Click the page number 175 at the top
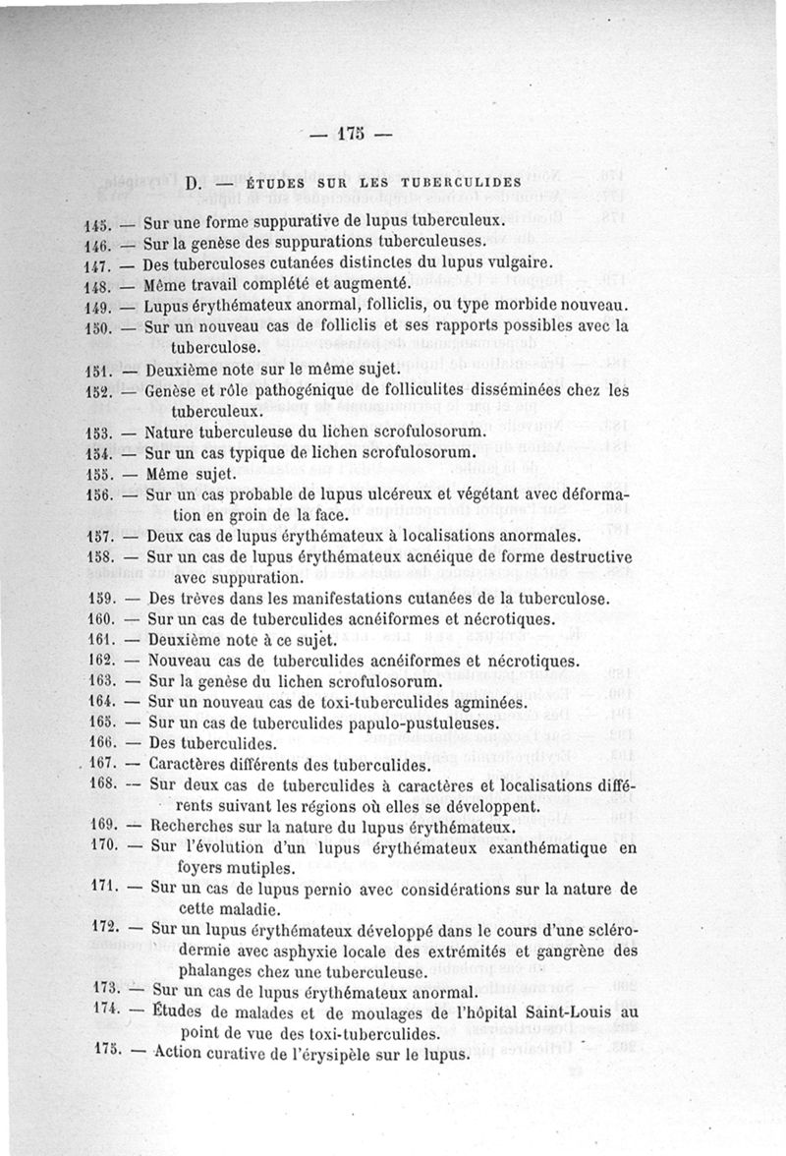click(351, 135)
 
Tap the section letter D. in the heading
click(193, 183)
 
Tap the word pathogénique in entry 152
click(304, 389)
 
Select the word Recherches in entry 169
click(194, 826)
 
